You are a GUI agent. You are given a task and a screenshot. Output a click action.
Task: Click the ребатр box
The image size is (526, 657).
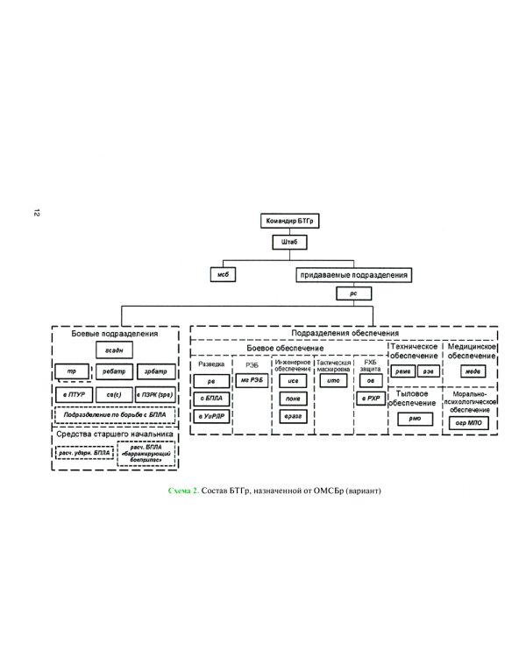click(x=115, y=372)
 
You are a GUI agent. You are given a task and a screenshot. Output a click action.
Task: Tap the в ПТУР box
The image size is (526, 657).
click(x=74, y=396)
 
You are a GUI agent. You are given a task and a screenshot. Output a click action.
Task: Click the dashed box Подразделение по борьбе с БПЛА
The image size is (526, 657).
click(x=115, y=415)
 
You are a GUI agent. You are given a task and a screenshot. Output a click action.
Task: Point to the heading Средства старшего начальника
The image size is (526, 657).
click(x=115, y=434)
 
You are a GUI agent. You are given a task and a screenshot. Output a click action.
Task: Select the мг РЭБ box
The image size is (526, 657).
click(x=251, y=379)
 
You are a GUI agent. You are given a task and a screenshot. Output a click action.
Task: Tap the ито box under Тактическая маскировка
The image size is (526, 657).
click(x=332, y=379)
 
